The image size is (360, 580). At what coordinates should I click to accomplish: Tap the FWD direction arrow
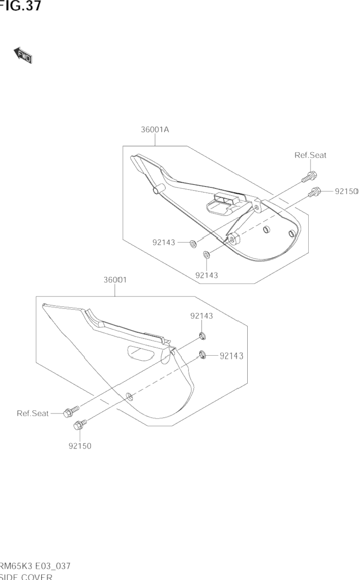point(23,55)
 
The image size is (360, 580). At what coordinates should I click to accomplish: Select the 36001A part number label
point(155,130)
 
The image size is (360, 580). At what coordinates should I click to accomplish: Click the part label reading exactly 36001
point(115,280)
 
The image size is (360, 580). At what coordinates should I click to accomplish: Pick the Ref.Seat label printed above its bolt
point(310,155)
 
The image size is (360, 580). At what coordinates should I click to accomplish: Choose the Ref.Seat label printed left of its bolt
point(32,413)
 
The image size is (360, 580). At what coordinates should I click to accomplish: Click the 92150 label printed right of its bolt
point(346,191)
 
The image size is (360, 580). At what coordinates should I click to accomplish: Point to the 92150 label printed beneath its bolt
point(80,446)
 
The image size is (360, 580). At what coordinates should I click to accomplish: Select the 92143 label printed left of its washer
point(164,242)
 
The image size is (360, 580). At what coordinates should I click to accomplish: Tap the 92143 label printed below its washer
point(207,275)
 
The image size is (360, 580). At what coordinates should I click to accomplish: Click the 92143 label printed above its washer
point(201,316)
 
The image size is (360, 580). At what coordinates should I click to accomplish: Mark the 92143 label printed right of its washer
point(232,356)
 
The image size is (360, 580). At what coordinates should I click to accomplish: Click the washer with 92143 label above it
point(202,335)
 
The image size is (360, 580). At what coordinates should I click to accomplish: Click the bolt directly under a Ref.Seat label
point(309,176)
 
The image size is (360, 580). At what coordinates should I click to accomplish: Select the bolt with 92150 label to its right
point(315,191)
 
